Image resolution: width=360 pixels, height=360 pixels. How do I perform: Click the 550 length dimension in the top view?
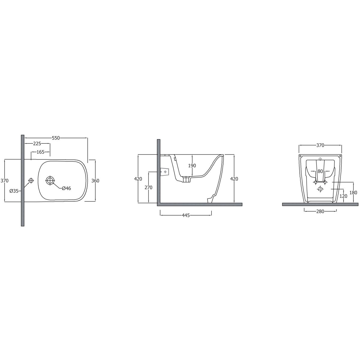coord(56,138)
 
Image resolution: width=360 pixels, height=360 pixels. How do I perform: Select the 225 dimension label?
coord(37,143)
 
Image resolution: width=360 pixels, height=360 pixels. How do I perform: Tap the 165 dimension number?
coord(40,152)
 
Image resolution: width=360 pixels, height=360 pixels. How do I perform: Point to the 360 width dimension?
coord(95,181)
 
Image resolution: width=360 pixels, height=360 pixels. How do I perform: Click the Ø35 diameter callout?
coord(14,191)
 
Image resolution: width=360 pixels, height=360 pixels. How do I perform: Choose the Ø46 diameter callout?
coord(67,188)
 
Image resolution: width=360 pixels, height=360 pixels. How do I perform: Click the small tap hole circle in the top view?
coord(31,181)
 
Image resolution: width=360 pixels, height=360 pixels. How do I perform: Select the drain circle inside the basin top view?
coord(50,181)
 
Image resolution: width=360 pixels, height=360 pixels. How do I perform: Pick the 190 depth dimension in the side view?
coord(192,166)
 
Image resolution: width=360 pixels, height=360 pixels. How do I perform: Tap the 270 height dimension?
coord(148,187)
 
